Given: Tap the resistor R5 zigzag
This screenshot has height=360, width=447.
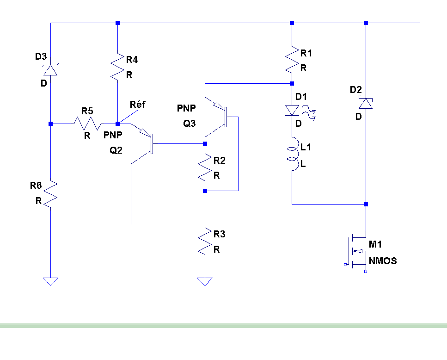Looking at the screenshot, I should click(x=87, y=124).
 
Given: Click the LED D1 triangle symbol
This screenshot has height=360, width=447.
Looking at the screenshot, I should click(x=292, y=110).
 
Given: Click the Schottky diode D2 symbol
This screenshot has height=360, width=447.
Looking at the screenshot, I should click(x=366, y=103).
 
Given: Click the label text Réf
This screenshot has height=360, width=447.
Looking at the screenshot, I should click(x=137, y=105).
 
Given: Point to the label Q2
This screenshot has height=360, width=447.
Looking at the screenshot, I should click(x=116, y=150).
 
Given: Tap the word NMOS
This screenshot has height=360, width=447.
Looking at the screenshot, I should click(x=383, y=261).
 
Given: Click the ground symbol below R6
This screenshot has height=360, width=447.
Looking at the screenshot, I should click(x=50, y=281).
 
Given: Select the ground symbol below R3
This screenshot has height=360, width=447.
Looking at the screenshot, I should click(x=205, y=281).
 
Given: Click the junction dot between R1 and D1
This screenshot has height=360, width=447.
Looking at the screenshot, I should click(x=292, y=84).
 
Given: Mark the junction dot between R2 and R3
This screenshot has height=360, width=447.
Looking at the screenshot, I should click(x=205, y=191).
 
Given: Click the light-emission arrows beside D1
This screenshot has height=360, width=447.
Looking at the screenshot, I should click(x=309, y=112).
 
